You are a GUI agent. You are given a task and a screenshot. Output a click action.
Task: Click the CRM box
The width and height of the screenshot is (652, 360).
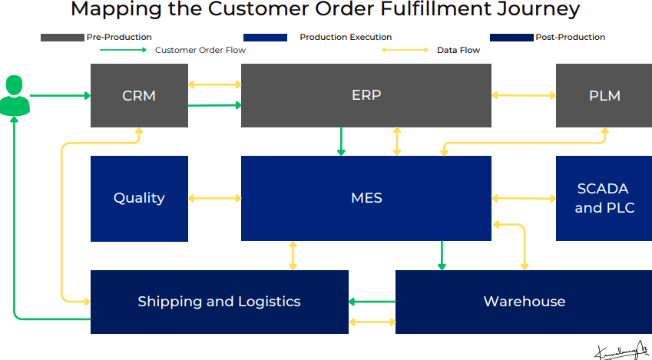(x=139, y=95)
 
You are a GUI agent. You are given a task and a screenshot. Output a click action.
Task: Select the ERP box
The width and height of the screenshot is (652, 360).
(x=366, y=95)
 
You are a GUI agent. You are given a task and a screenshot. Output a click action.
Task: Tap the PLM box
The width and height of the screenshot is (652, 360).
(x=604, y=95)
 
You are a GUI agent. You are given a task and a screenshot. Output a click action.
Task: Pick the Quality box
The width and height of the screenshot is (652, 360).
(x=139, y=198)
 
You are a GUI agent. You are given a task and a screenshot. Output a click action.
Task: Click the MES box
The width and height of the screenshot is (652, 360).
(x=366, y=198)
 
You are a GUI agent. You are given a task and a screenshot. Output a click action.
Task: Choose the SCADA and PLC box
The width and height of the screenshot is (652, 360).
(x=604, y=198)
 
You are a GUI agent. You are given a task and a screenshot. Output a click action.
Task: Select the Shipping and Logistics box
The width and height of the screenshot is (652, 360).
(x=219, y=302)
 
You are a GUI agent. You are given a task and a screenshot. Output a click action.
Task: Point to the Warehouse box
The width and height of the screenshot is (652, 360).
(x=524, y=302)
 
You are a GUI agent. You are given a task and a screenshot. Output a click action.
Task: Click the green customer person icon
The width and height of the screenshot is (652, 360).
(x=15, y=96)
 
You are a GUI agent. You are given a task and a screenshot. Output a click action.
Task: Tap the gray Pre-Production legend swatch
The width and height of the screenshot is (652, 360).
(x=62, y=37)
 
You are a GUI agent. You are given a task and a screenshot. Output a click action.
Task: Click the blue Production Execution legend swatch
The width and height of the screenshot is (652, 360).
(x=264, y=37)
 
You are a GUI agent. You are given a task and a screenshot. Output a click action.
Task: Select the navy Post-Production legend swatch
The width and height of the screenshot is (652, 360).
(x=511, y=37)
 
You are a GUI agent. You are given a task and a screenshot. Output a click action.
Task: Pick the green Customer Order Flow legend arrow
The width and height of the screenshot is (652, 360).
(x=123, y=50)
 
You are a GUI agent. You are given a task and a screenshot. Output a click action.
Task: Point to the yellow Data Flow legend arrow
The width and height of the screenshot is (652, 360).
(x=405, y=50)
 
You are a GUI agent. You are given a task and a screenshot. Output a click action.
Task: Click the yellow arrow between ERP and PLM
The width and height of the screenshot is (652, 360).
(x=524, y=95)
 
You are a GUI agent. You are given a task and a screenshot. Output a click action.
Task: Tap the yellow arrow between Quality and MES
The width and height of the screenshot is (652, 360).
(x=214, y=199)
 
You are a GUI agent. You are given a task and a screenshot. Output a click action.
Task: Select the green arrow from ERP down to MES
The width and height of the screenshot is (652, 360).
(x=341, y=141)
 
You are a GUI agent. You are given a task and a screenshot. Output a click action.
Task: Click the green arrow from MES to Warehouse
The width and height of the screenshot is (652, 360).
(x=442, y=256)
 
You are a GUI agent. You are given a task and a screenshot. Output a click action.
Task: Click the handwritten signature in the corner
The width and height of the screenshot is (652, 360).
(x=621, y=350)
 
